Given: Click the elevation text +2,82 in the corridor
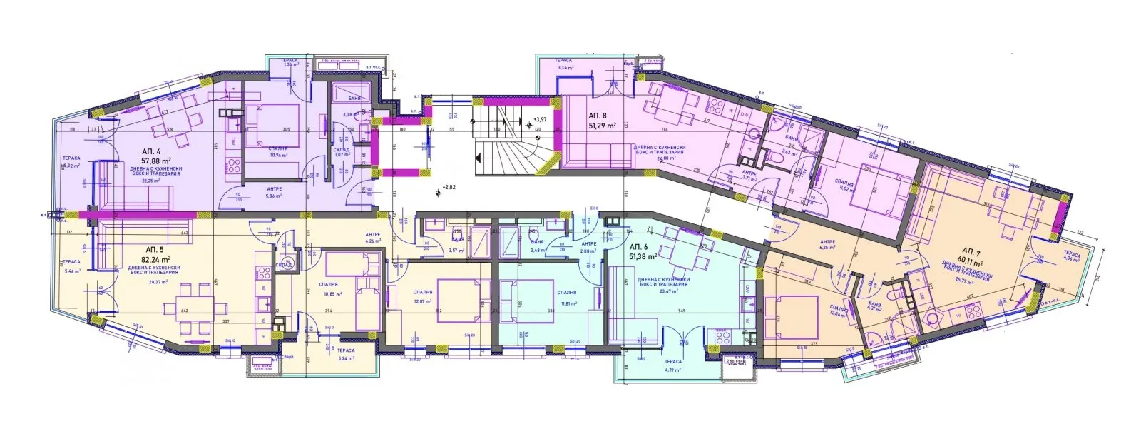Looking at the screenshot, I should click(x=448, y=188).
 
